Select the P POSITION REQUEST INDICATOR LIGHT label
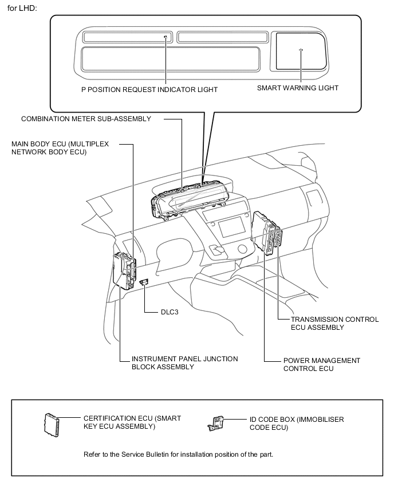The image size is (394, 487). coord(149,89)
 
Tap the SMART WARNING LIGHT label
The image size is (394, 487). coord(297,88)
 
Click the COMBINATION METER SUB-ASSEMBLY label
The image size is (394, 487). coord(86,119)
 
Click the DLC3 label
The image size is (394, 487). coord(171,313)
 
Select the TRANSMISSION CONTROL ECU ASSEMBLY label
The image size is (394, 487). coord(334,323)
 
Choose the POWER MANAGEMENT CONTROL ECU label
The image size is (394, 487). coord(321,365)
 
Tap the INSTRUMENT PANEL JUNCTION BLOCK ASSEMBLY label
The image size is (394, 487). coord(184,362)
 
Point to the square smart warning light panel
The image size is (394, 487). coord(300,51)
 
